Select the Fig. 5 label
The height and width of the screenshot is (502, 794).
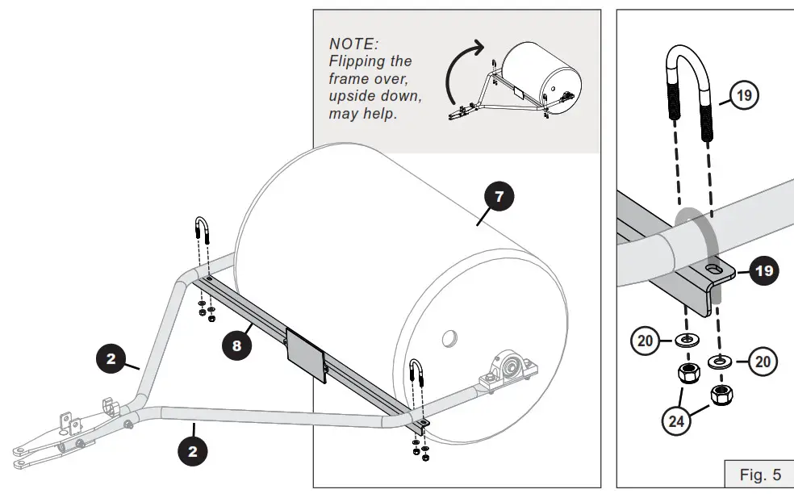point(760,475)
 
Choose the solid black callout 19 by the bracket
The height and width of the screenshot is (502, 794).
point(763,270)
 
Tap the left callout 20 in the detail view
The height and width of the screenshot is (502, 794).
point(645,341)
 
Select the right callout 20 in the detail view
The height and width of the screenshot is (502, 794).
point(763,361)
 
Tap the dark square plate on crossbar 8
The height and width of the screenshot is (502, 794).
point(306,356)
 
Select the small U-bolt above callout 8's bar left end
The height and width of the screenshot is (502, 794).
point(203,234)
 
